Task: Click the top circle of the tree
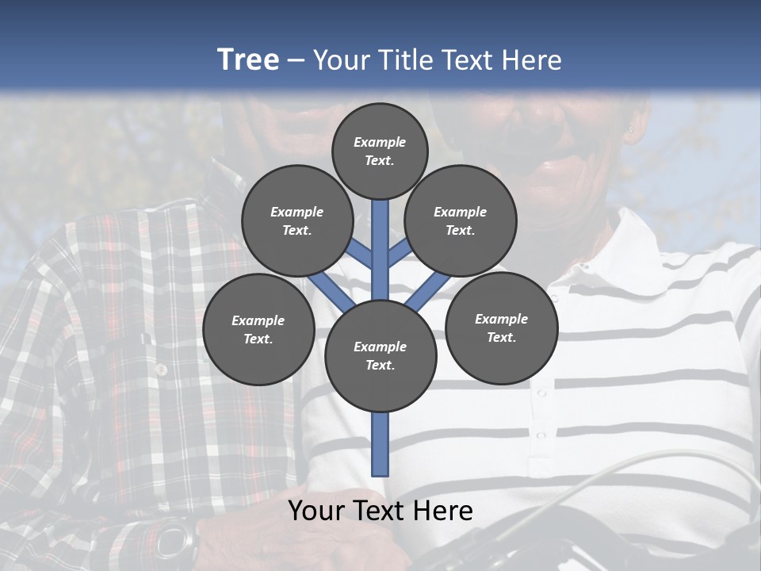click(380, 151)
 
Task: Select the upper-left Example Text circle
click(297, 220)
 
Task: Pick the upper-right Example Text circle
click(461, 220)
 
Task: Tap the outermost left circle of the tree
click(258, 329)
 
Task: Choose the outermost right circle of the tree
click(501, 328)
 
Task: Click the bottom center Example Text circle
click(380, 356)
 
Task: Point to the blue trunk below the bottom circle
click(380, 444)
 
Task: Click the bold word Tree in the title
click(248, 60)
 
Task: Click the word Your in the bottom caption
click(315, 511)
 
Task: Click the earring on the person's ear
click(631, 129)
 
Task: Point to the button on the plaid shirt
click(161, 370)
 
